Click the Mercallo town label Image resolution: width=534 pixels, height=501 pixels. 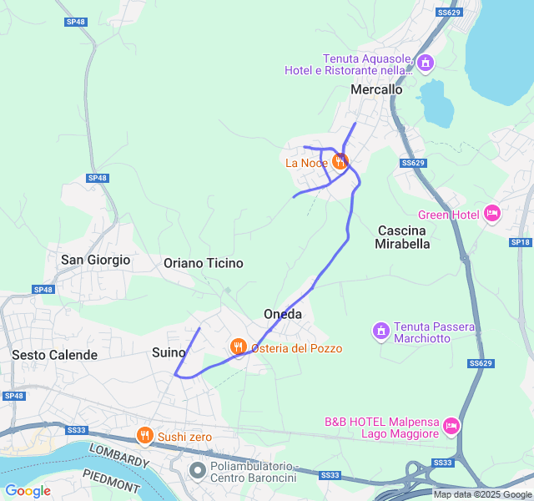(x=376, y=89)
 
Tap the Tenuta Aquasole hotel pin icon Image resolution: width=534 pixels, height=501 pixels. (x=426, y=63)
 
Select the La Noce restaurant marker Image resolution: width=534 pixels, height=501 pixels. (x=340, y=162)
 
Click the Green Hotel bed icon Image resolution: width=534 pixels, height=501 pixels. (x=491, y=215)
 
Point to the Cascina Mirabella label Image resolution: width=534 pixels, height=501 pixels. (x=403, y=237)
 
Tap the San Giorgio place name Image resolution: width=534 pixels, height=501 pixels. (x=96, y=260)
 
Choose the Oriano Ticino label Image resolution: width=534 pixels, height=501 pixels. (x=204, y=263)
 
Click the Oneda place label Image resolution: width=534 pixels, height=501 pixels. (x=282, y=314)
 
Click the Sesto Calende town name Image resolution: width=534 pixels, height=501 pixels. (x=55, y=355)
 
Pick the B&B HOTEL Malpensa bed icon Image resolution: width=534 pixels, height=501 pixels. (x=451, y=427)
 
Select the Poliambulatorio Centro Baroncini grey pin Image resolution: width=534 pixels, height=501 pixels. (x=198, y=471)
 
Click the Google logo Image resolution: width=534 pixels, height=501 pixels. (x=28, y=490)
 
